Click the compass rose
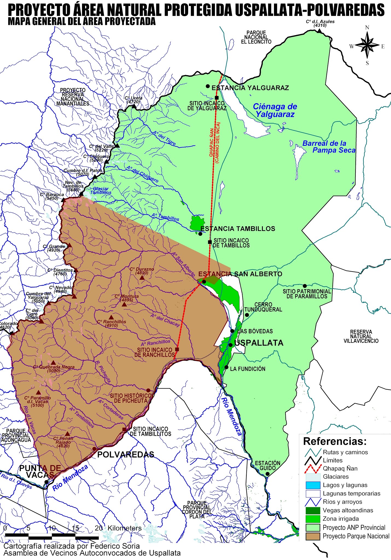[367, 45]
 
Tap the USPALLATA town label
[259, 343]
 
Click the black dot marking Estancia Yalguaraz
[208, 86]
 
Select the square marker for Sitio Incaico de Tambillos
[210, 242]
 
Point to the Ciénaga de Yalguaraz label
[275, 110]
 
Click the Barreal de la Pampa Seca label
[329, 147]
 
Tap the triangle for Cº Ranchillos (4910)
[111, 317]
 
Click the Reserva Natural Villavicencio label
[361, 336]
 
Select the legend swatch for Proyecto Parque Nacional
[313, 536]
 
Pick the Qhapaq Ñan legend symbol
[313, 469]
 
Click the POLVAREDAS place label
[126, 454]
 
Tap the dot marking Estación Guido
[267, 474]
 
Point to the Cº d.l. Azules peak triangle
[319, 31]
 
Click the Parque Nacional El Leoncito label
[256, 37]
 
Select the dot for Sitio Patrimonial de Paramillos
[305, 286]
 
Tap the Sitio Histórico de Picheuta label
[131, 398]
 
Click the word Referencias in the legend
[334, 441]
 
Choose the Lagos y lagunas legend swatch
[313, 485]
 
